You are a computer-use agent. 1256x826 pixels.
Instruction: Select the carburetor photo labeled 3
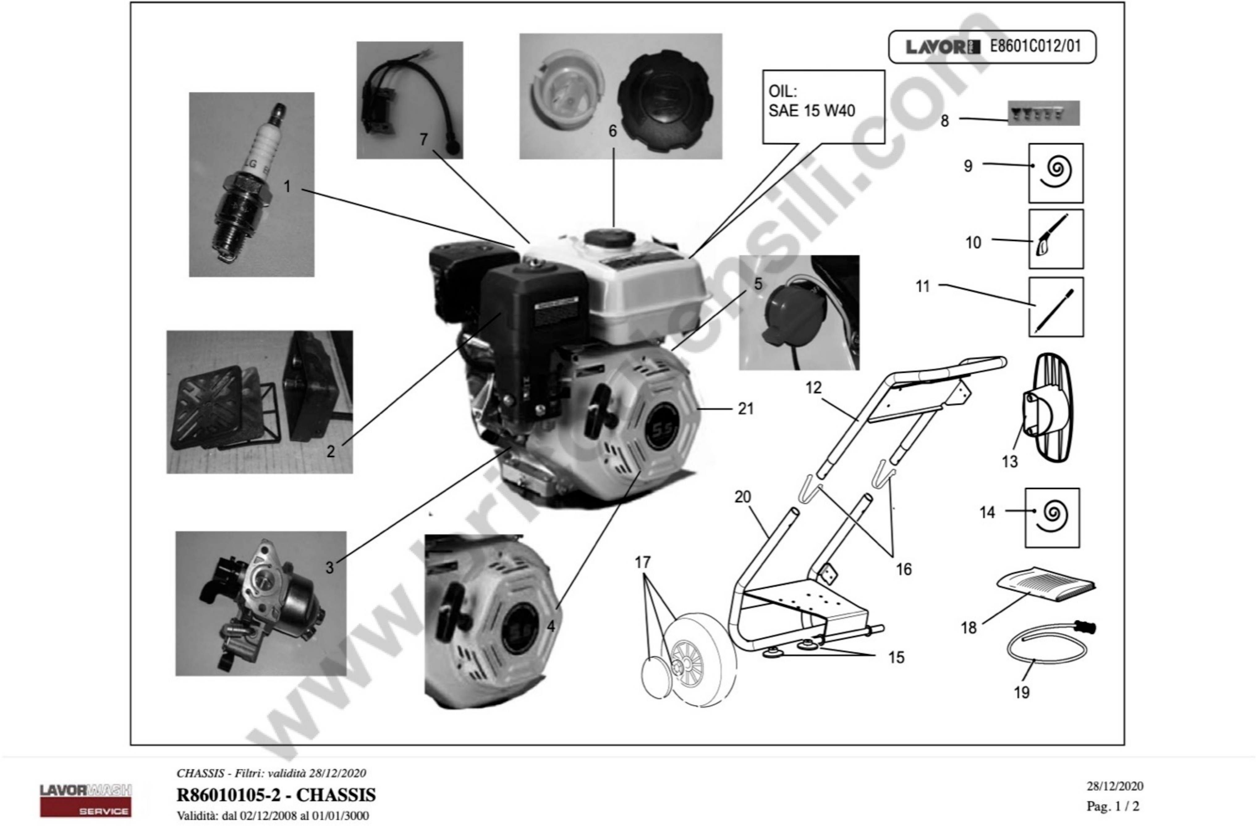[x=261, y=603]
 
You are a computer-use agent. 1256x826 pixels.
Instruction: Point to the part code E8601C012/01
[x=1035, y=46]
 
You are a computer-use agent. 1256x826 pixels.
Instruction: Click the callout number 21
[x=745, y=408]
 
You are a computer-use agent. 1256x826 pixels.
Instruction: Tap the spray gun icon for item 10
[x=1055, y=239]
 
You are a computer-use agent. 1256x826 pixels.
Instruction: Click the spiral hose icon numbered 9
[x=1055, y=172]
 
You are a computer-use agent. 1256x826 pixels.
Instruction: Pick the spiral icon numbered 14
[x=1052, y=517]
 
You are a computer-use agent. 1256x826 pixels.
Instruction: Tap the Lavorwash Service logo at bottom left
[x=86, y=800]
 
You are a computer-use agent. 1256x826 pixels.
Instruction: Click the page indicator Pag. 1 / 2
[x=1113, y=806]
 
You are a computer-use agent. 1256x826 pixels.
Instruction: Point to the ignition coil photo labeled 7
[x=409, y=100]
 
